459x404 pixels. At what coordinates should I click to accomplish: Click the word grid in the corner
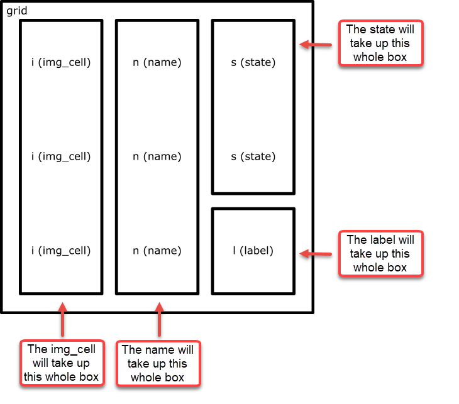pos(17,11)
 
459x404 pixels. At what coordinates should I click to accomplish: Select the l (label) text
pos(253,251)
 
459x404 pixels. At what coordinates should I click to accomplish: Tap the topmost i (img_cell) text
pos(61,62)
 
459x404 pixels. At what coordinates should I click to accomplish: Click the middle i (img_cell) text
pos(61,156)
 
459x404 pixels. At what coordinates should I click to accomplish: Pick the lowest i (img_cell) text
pos(61,251)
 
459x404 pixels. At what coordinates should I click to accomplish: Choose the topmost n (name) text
pos(157,62)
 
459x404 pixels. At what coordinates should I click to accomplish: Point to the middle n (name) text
pos(157,156)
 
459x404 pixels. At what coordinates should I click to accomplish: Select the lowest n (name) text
pos(157,251)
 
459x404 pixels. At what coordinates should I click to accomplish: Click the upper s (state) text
pos(253,62)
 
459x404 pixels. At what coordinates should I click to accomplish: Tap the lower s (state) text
pos(253,156)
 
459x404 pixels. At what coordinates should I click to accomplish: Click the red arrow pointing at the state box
pos(316,45)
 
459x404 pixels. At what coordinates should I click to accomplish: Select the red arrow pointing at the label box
pos(316,254)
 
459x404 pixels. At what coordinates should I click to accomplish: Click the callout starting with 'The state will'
pos(381,43)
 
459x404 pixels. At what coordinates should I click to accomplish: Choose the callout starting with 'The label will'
pos(381,253)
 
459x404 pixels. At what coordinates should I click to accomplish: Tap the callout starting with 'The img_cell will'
pos(61,363)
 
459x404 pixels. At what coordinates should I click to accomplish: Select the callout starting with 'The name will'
pos(158,363)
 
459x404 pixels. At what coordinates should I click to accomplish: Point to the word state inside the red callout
pos(379,30)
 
